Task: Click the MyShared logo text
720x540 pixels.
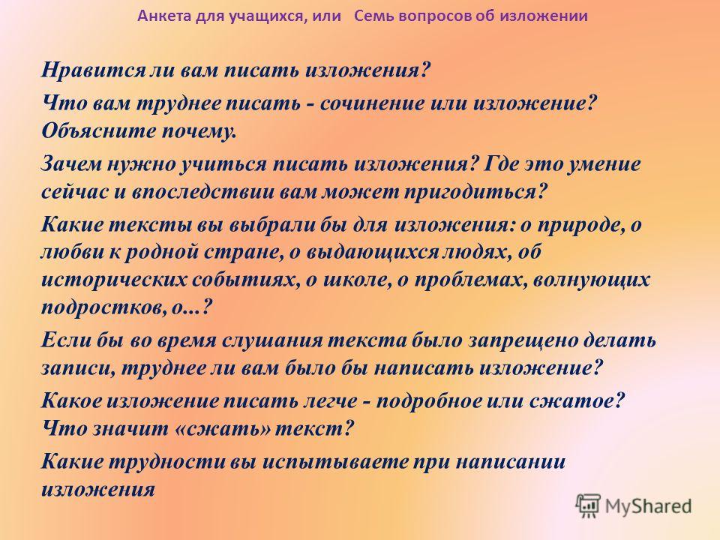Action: [x=648, y=506]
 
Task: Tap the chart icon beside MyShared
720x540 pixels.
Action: [x=588, y=505]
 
